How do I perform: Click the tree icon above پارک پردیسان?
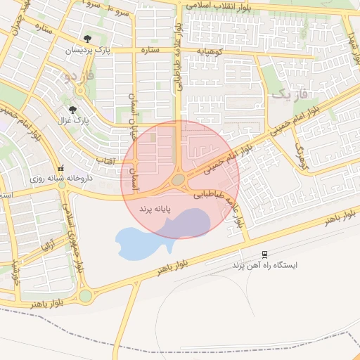[x=86, y=39]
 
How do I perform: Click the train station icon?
[x=264, y=254]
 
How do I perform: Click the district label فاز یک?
[x=290, y=94]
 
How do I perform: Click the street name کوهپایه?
[x=213, y=51]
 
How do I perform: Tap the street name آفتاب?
[x=105, y=161]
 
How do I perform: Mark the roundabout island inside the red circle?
[x=179, y=180]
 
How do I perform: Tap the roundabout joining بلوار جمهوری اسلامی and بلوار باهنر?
[x=86, y=296]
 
